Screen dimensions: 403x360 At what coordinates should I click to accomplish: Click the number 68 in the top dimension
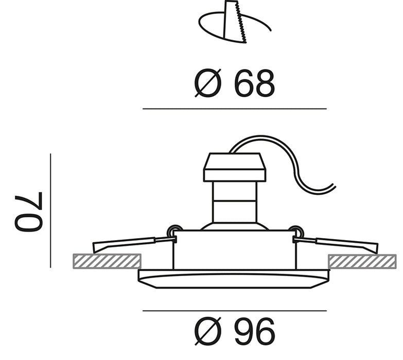click(x=254, y=83)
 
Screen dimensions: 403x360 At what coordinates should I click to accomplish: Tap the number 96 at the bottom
click(x=254, y=332)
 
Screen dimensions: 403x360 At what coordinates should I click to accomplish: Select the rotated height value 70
click(x=28, y=211)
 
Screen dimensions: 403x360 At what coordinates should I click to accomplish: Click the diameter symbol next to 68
click(x=208, y=83)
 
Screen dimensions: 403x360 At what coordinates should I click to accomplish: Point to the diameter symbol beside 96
click(x=208, y=332)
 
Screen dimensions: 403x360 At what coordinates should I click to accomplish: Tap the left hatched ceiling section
click(x=107, y=261)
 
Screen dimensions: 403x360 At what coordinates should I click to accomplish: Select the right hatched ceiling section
click(x=362, y=261)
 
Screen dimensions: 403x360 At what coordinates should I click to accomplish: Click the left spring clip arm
click(x=134, y=244)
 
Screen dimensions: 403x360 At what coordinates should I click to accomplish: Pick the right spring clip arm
click(x=336, y=244)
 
